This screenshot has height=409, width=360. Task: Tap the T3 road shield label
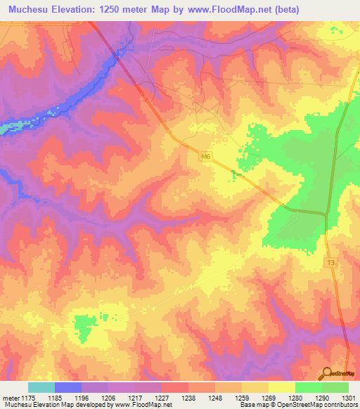point(330,263)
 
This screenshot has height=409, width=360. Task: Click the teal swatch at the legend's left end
point(41,387)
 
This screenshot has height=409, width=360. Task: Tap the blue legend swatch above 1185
point(68,387)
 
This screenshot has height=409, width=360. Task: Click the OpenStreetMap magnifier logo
point(326,372)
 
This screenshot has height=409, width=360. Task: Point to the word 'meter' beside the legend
point(11,397)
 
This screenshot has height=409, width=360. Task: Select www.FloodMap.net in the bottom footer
point(147,405)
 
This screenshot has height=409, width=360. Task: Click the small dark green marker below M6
point(236,173)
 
